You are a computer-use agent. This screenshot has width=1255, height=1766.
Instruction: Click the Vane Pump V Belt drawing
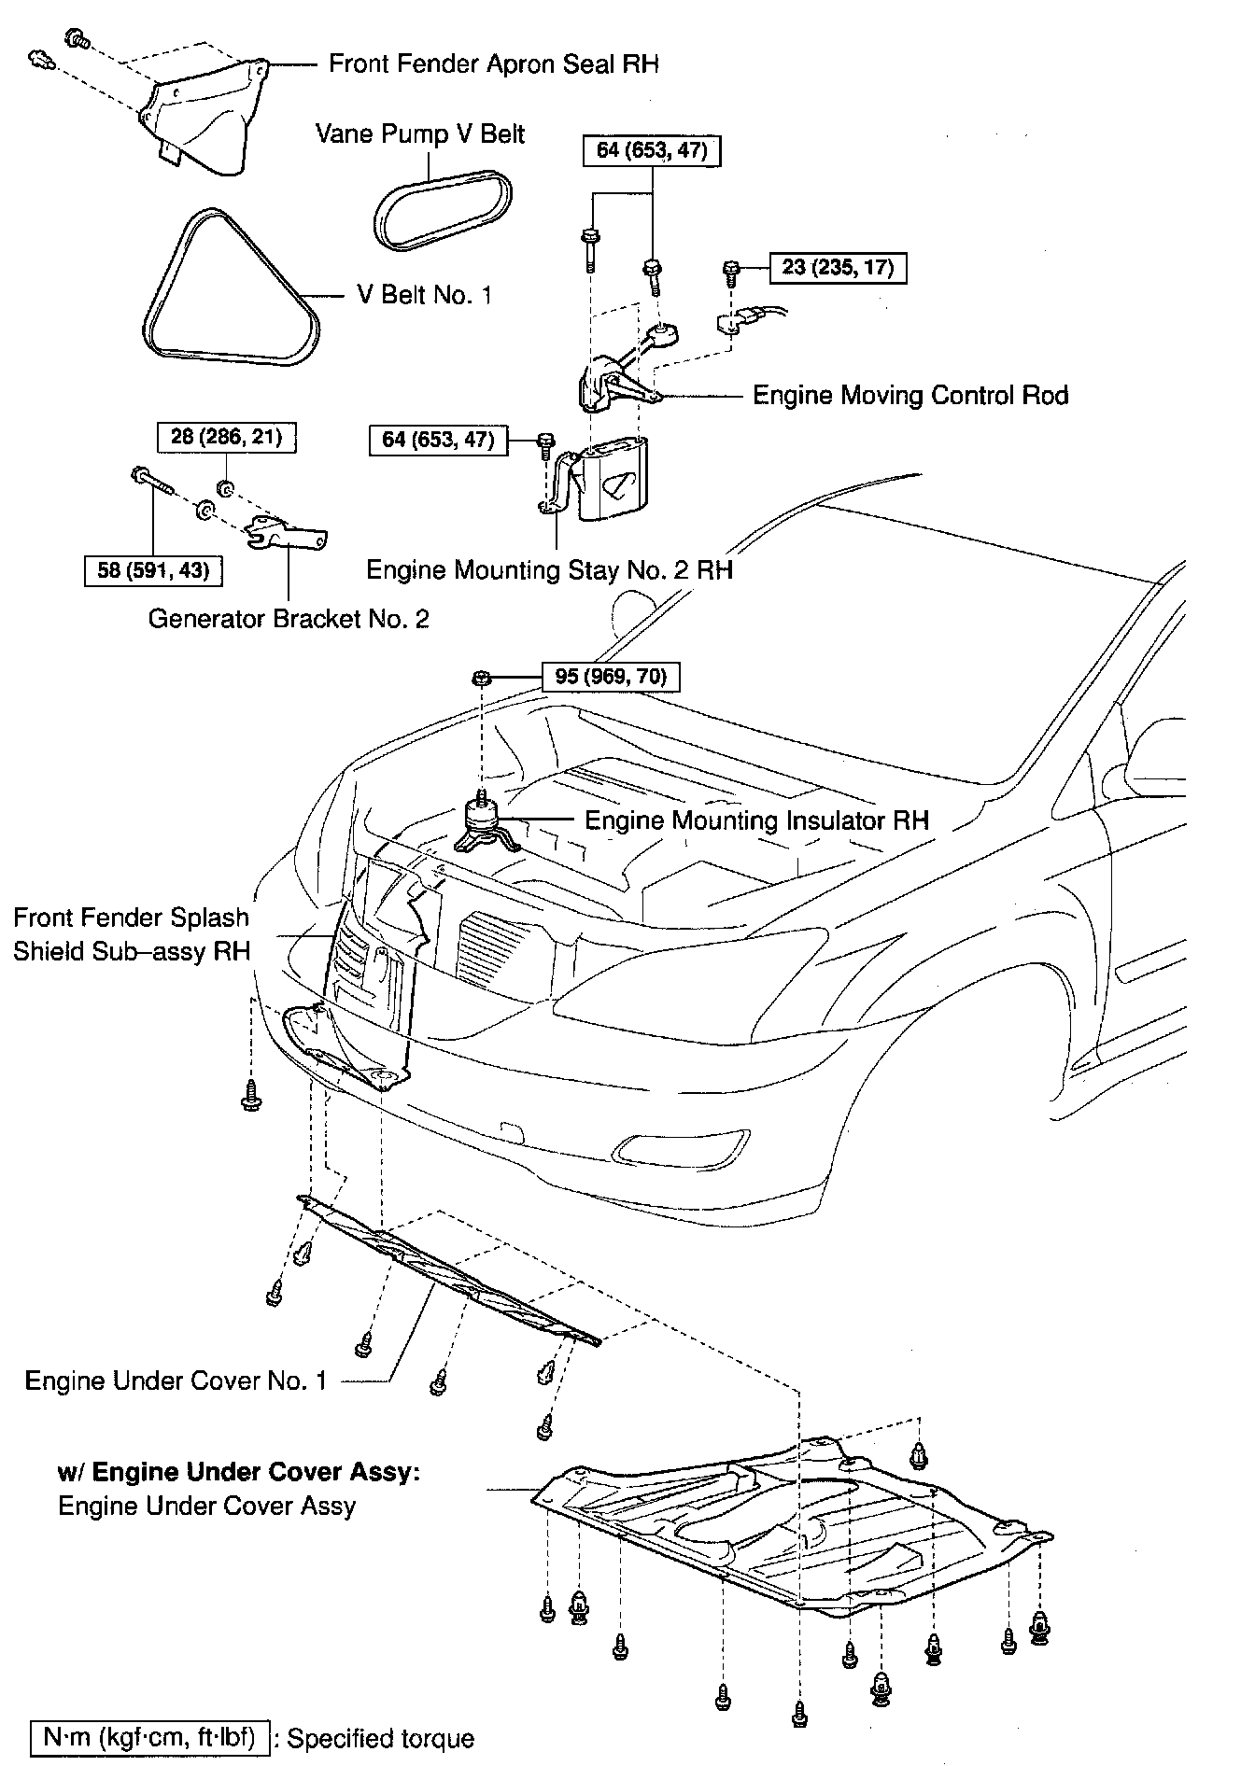[444, 210]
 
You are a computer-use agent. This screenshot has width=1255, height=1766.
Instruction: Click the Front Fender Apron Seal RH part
[201, 117]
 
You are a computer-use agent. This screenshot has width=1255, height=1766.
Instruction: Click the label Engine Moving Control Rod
[910, 396]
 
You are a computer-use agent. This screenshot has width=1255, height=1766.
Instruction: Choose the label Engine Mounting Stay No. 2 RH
[549, 570]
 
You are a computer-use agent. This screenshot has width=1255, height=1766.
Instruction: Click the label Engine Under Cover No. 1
[176, 1381]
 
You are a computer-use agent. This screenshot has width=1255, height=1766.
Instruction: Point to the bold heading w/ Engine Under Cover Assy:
[239, 1472]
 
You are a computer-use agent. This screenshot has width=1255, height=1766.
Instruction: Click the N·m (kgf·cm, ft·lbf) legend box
[150, 1738]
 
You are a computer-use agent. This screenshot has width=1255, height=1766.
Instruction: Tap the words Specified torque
[380, 1739]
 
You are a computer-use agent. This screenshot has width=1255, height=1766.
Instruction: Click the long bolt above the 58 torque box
[155, 482]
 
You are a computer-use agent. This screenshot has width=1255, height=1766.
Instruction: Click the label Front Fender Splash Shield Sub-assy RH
[132, 934]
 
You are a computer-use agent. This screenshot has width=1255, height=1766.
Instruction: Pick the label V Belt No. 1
[424, 295]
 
